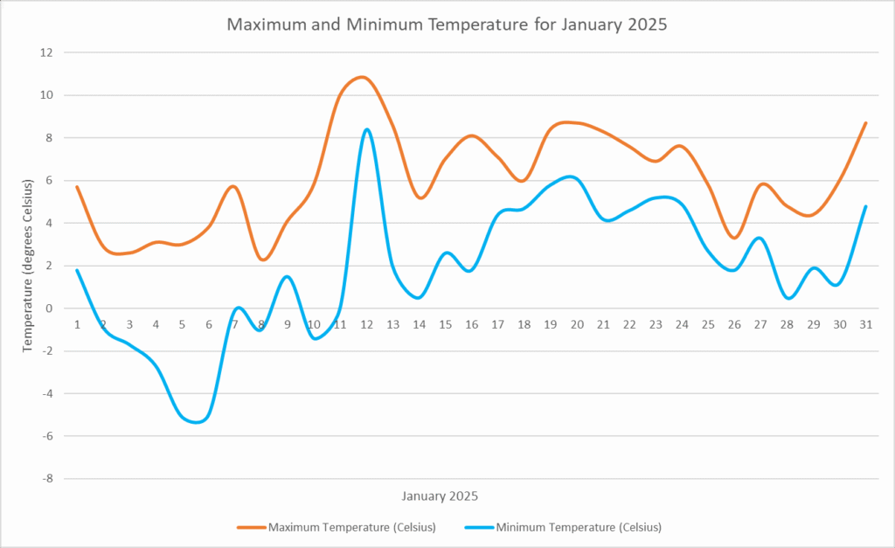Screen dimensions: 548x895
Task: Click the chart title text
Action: click(447, 24)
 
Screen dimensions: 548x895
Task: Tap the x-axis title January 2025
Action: click(440, 496)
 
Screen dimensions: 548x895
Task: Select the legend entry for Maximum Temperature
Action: click(336, 527)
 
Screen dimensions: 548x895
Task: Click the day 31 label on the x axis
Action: click(865, 324)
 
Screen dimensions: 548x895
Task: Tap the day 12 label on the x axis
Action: click(366, 324)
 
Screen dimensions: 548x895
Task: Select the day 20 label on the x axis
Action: click(577, 324)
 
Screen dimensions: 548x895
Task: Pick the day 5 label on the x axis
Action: click(182, 324)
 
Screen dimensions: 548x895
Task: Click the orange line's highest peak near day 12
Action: click(364, 77)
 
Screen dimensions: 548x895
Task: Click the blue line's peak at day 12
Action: click(366, 129)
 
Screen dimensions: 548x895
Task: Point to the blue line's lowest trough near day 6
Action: click(198, 422)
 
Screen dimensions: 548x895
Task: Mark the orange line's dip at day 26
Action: click(734, 238)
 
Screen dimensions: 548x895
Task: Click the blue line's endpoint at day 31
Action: click(865, 206)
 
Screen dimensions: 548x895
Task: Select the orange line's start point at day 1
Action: click(77, 186)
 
